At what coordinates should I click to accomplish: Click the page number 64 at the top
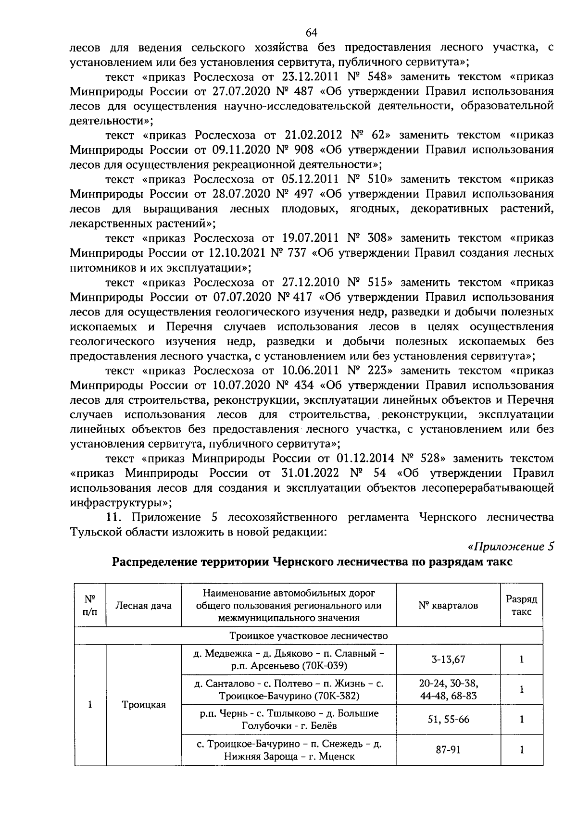(311, 32)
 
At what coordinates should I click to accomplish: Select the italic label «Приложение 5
(511, 547)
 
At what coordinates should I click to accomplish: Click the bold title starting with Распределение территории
(312, 562)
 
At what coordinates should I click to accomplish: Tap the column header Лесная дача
(143, 605)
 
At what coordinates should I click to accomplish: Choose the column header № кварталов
(448, 605)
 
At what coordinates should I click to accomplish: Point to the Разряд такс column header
(521, 605)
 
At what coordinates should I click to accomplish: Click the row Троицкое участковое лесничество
(308, 635)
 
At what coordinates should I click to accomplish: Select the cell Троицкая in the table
(143, 705)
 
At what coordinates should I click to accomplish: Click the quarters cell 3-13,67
(448, 659)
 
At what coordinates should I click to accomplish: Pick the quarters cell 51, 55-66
(448, 720)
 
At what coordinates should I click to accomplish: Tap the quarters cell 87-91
(448, 750)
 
